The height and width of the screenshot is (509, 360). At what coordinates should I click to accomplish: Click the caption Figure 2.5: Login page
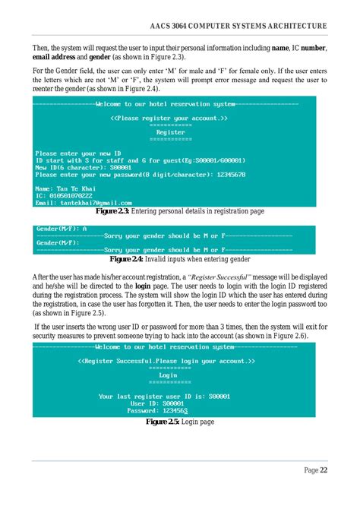coord(179,421)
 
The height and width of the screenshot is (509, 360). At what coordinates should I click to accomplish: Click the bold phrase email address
coord(58,56)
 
